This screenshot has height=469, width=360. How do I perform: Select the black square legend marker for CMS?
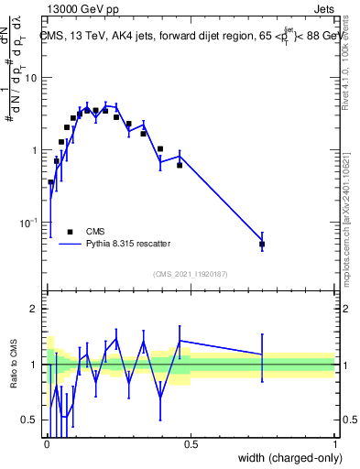pos(70,232)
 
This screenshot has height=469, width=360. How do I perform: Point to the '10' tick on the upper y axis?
pos(29,78)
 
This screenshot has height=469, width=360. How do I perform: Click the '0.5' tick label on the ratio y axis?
pos(29,420)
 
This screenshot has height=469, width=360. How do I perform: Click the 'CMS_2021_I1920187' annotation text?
pos(190,274)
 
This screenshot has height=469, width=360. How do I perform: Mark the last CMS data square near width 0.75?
pos(262,245)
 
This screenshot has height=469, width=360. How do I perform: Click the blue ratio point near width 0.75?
pos(262,354)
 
